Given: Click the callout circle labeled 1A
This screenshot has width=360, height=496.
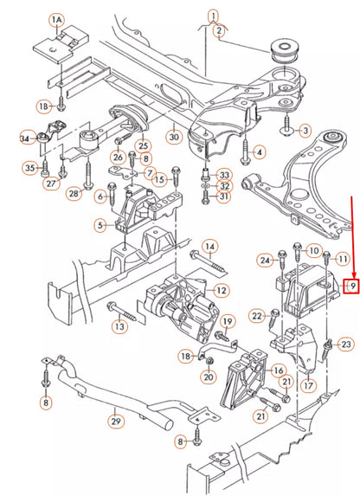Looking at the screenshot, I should (57, 18).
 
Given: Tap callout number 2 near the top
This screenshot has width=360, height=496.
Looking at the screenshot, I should (220, 32).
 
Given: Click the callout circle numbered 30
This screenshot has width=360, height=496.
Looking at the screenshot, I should (173, 137).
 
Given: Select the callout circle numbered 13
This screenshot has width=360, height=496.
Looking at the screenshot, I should (119, 326).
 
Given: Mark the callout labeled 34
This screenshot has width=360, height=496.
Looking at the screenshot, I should (25, 137).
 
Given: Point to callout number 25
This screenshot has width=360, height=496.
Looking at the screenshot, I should (144, 145).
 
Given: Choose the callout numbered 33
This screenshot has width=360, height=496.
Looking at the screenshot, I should (224, 174).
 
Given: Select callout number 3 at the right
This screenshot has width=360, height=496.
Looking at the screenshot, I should (305, 131).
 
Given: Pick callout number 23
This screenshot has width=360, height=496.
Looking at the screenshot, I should (346, 345).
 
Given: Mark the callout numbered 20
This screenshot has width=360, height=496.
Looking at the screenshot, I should (208, 377).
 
